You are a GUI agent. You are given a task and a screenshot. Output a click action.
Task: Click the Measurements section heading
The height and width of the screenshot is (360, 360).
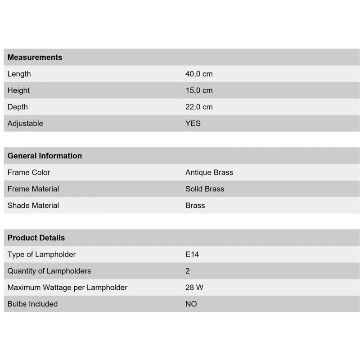[x=35, y=57]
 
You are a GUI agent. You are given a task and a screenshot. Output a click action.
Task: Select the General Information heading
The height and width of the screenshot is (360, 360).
[x=45, y=156]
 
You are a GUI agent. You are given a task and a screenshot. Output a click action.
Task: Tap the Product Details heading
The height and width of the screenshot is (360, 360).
[x=36, y=238]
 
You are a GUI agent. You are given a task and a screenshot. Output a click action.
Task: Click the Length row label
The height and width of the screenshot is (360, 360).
[x=19, y=74]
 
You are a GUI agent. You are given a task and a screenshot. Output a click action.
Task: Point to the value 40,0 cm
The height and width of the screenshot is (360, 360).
[x=199, y=74]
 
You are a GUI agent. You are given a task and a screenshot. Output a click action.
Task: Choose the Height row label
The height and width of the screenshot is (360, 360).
[x=18, y=90]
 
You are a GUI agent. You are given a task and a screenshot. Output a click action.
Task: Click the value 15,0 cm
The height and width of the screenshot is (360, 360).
[x=199, y=90]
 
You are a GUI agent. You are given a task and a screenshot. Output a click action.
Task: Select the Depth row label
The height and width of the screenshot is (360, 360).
[x=18, y=107]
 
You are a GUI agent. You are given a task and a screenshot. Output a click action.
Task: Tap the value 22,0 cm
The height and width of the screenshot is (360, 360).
[x=199, y=107]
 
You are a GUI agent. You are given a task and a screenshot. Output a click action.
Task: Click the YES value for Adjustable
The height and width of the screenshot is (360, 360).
[x=193, y=123]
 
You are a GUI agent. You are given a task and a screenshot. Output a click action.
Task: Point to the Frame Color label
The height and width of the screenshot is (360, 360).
[x=29, y=172]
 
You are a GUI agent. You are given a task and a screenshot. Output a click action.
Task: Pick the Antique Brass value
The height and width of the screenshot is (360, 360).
[x=209, y=172]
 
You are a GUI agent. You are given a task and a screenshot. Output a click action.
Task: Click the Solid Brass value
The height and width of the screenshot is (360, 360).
[x=205, y=189]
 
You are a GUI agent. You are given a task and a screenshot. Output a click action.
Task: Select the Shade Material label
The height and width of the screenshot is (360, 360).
[x=33, y=206]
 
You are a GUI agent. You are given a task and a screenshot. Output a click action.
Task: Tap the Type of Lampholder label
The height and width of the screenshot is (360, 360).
[x=41, y=254]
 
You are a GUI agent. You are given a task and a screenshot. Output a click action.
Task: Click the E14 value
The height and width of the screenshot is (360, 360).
[x=192, y=254]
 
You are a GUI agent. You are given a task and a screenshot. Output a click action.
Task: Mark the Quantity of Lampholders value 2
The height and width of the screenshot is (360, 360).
[x=188, y=271]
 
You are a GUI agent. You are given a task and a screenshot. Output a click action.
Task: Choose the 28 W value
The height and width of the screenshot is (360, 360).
[x=194, y=288]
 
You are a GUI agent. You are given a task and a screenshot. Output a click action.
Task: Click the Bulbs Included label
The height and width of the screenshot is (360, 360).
[x=32, y=304]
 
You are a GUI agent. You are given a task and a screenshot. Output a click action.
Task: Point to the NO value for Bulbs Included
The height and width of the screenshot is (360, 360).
[x=191, y=304]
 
